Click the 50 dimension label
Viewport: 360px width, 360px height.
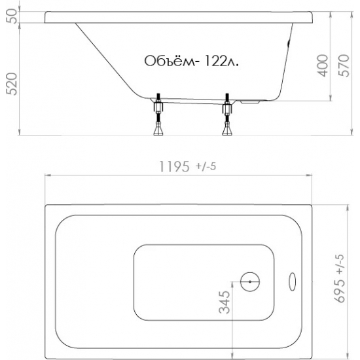tap(11, 16)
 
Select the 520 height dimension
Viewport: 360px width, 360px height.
tap(11, 84)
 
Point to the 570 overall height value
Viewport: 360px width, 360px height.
tap(344, 65)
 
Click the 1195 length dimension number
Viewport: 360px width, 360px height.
tap(175, 166)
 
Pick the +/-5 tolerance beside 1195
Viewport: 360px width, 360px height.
tap(206, 166)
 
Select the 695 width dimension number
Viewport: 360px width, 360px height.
tap(339, 291)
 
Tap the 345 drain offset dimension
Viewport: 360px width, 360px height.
tap(224, 302)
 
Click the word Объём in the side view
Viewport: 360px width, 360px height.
tap(170, 60)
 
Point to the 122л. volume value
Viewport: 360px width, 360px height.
tap(221, 61)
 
